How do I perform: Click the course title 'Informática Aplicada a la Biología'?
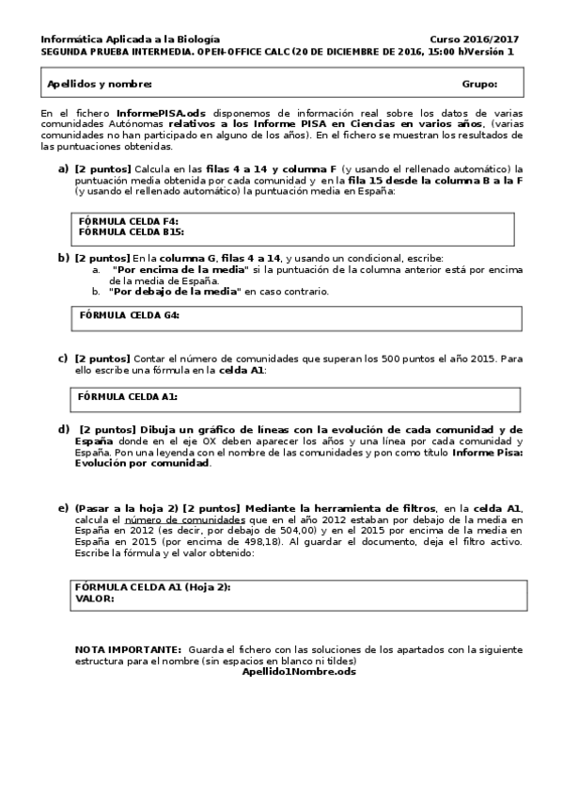coord(130,40)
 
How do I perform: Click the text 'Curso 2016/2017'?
coord(474,40)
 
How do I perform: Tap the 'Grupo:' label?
coord(479,85)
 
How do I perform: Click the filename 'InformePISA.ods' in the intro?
coord(155,113)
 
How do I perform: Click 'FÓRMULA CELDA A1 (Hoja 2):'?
coord(152,587)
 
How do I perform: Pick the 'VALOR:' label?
coord(94,598)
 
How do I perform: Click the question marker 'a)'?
coord(64,168)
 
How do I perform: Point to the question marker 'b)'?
coord(64,257)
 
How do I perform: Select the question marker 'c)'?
coord(63,358)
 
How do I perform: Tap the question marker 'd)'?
coord(64,429)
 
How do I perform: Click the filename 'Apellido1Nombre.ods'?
coord(299,671)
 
